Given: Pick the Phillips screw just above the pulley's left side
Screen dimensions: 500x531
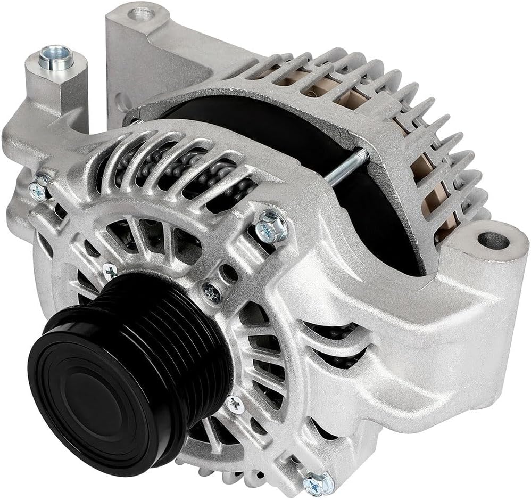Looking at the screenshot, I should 110,271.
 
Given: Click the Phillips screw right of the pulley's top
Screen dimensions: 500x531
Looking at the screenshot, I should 212,292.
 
